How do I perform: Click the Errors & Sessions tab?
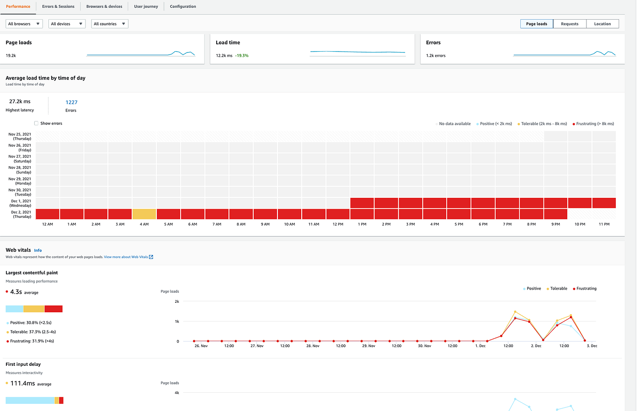(x=58, y=6)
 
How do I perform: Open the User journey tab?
(x=146, y=6)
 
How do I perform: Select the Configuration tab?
(x=183, y=6)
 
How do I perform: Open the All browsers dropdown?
(x=24, y=24)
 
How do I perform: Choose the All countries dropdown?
(x=110, y=24)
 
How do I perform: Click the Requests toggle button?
(x=570, y=24)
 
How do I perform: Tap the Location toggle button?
(x=602, y=24)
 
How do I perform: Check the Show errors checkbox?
(x=37, y=123)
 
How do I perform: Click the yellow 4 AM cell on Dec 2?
(x=144, y=214)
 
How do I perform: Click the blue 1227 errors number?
(x=71, y=102)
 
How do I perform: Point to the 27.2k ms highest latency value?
(x=20, y=101)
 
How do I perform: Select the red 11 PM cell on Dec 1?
(x=604, y=203)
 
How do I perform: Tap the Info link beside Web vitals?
(x=38, y=250)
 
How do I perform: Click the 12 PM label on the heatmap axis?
(x=338, y=224)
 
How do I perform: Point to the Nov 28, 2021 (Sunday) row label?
(x=20, y=170)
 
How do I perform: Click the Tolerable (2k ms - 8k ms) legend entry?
(x=544, y=124)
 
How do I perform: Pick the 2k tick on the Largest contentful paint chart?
(x=177, y=301)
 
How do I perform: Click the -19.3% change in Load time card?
(x=242, y=56)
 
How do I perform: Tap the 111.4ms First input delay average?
(x=22, y=383)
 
